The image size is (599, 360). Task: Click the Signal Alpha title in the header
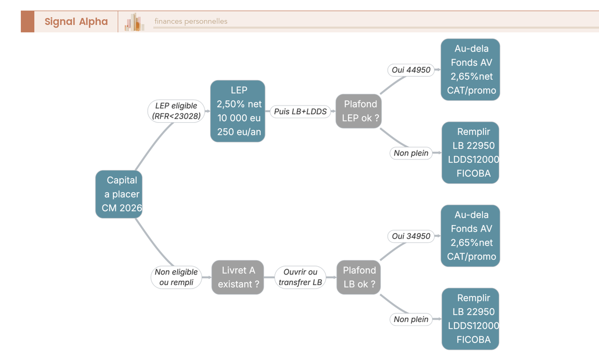76,21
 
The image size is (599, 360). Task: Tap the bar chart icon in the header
134,22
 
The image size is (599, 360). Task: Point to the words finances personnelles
191,21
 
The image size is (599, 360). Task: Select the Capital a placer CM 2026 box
119,194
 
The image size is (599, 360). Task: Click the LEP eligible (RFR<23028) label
176,111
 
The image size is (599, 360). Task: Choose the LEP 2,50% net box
238,111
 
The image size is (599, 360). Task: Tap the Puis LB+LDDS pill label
300,111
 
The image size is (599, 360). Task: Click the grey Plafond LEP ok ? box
358,111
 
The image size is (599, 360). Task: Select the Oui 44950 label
411,70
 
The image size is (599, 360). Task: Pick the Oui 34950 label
411,236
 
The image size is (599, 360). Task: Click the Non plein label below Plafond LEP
411,153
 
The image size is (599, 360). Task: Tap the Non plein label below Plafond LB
411,319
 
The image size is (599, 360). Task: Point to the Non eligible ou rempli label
176,277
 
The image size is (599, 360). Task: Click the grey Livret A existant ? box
238,277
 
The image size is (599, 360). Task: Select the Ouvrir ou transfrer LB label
300,277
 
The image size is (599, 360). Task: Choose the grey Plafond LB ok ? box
358,277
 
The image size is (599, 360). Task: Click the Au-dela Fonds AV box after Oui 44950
470,69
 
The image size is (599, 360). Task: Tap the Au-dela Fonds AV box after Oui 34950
470,236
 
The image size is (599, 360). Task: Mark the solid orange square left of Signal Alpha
27,21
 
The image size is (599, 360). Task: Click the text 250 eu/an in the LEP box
239,132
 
